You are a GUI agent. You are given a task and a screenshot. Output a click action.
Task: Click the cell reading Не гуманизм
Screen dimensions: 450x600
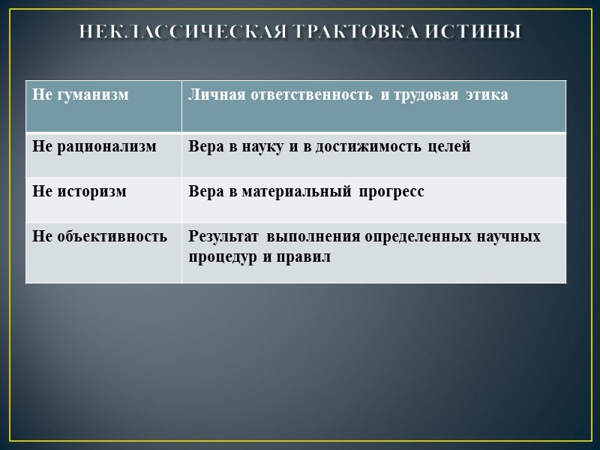pos(80,95)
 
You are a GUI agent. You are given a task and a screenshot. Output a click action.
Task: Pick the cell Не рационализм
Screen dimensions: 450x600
pos(94,146)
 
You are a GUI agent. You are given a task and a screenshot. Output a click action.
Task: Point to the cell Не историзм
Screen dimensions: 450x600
pos(79,191)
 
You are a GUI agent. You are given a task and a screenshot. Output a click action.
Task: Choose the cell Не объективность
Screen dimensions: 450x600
pos(100,236)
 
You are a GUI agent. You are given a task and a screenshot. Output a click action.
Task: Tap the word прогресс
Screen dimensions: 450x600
pos(391,191)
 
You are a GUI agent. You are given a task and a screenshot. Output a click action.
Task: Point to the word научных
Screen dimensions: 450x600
pos(508,236)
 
